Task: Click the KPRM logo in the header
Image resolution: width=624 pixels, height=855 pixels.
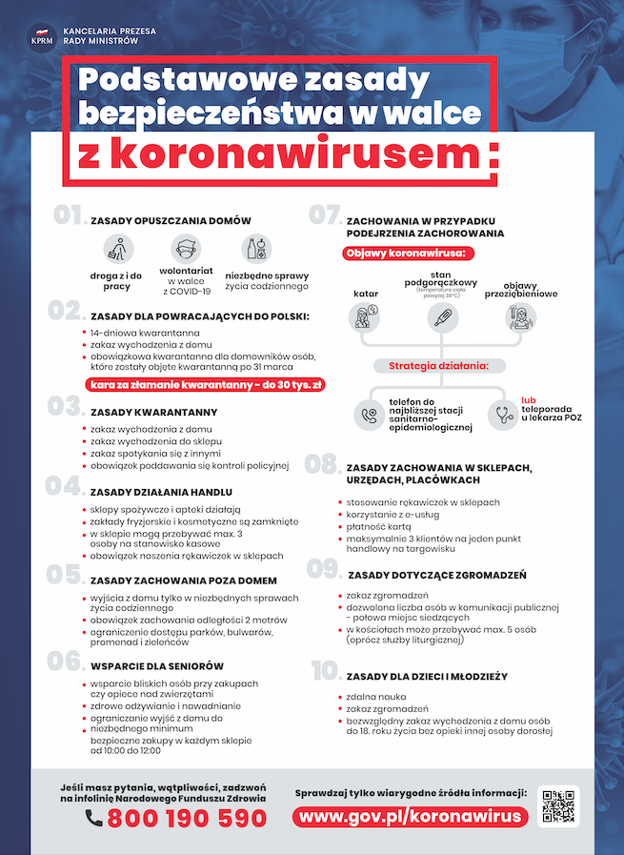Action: click(x=41, y=37)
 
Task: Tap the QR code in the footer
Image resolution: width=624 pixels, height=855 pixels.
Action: click(x=557, y=806)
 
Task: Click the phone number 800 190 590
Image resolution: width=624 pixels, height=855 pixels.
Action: click(x=187, y=818)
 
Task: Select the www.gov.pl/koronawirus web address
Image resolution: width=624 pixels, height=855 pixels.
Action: click(x=410, y=817)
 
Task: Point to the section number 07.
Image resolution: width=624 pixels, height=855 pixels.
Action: click(x=325, y=215)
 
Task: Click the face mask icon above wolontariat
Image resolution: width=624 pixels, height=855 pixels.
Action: click(x=187, y=250)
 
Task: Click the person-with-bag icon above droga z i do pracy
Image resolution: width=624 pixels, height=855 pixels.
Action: click(x=116, y=251)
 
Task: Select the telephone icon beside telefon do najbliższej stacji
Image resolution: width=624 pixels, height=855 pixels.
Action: click(x=368, y=415)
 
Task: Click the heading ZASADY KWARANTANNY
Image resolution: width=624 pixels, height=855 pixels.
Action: click(x=154, y=413)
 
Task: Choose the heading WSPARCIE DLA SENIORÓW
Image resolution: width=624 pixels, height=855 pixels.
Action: click(x=157, y=665)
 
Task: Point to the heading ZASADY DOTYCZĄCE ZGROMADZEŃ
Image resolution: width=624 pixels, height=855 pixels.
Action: click(x=437, y=575)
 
